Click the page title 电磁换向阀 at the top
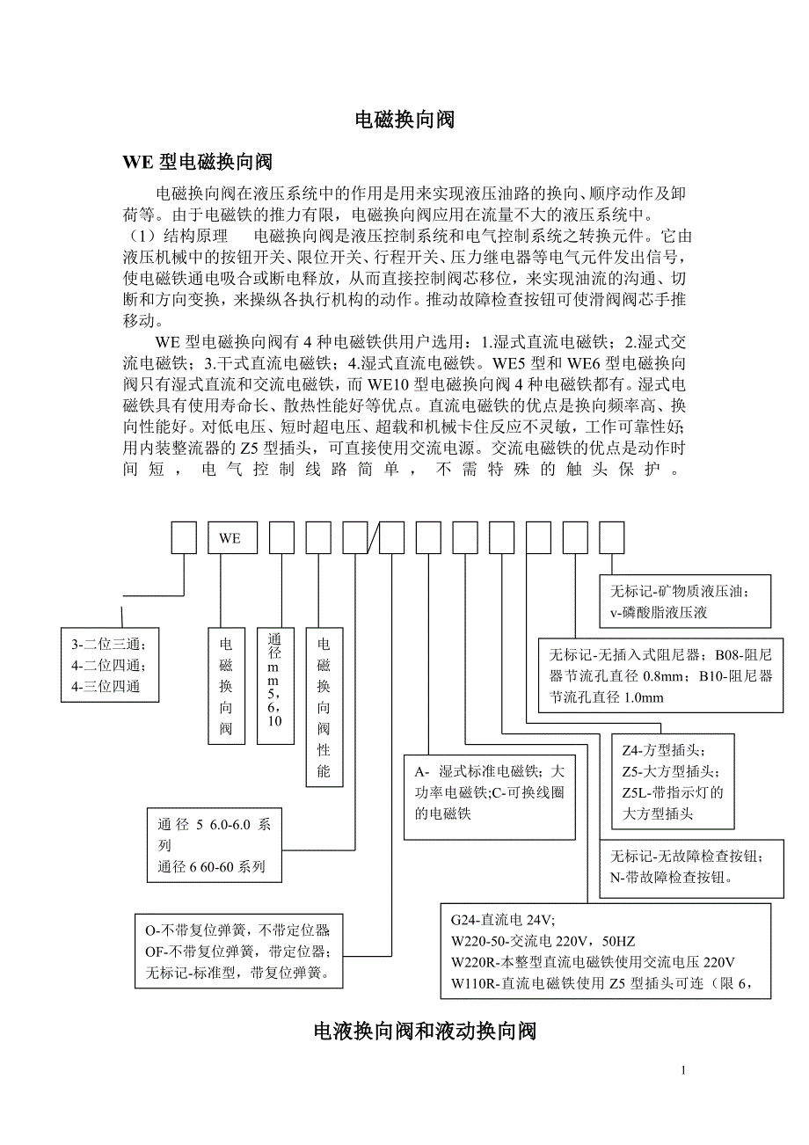click(x=404, y=120)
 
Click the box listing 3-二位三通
click(x=110, y=665)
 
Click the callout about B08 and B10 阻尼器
click(x=660, y=675)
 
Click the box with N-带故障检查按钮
click(x=691, y=866)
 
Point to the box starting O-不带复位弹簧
click(x=239, y=952)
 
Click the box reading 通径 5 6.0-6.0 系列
click(x=215, y=845)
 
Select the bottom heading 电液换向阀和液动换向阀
click(x=425, y=1031)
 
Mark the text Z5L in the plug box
click(x=633, y=792)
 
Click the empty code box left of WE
click(x=184, y=537)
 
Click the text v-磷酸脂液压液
click(x=660, y=612)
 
